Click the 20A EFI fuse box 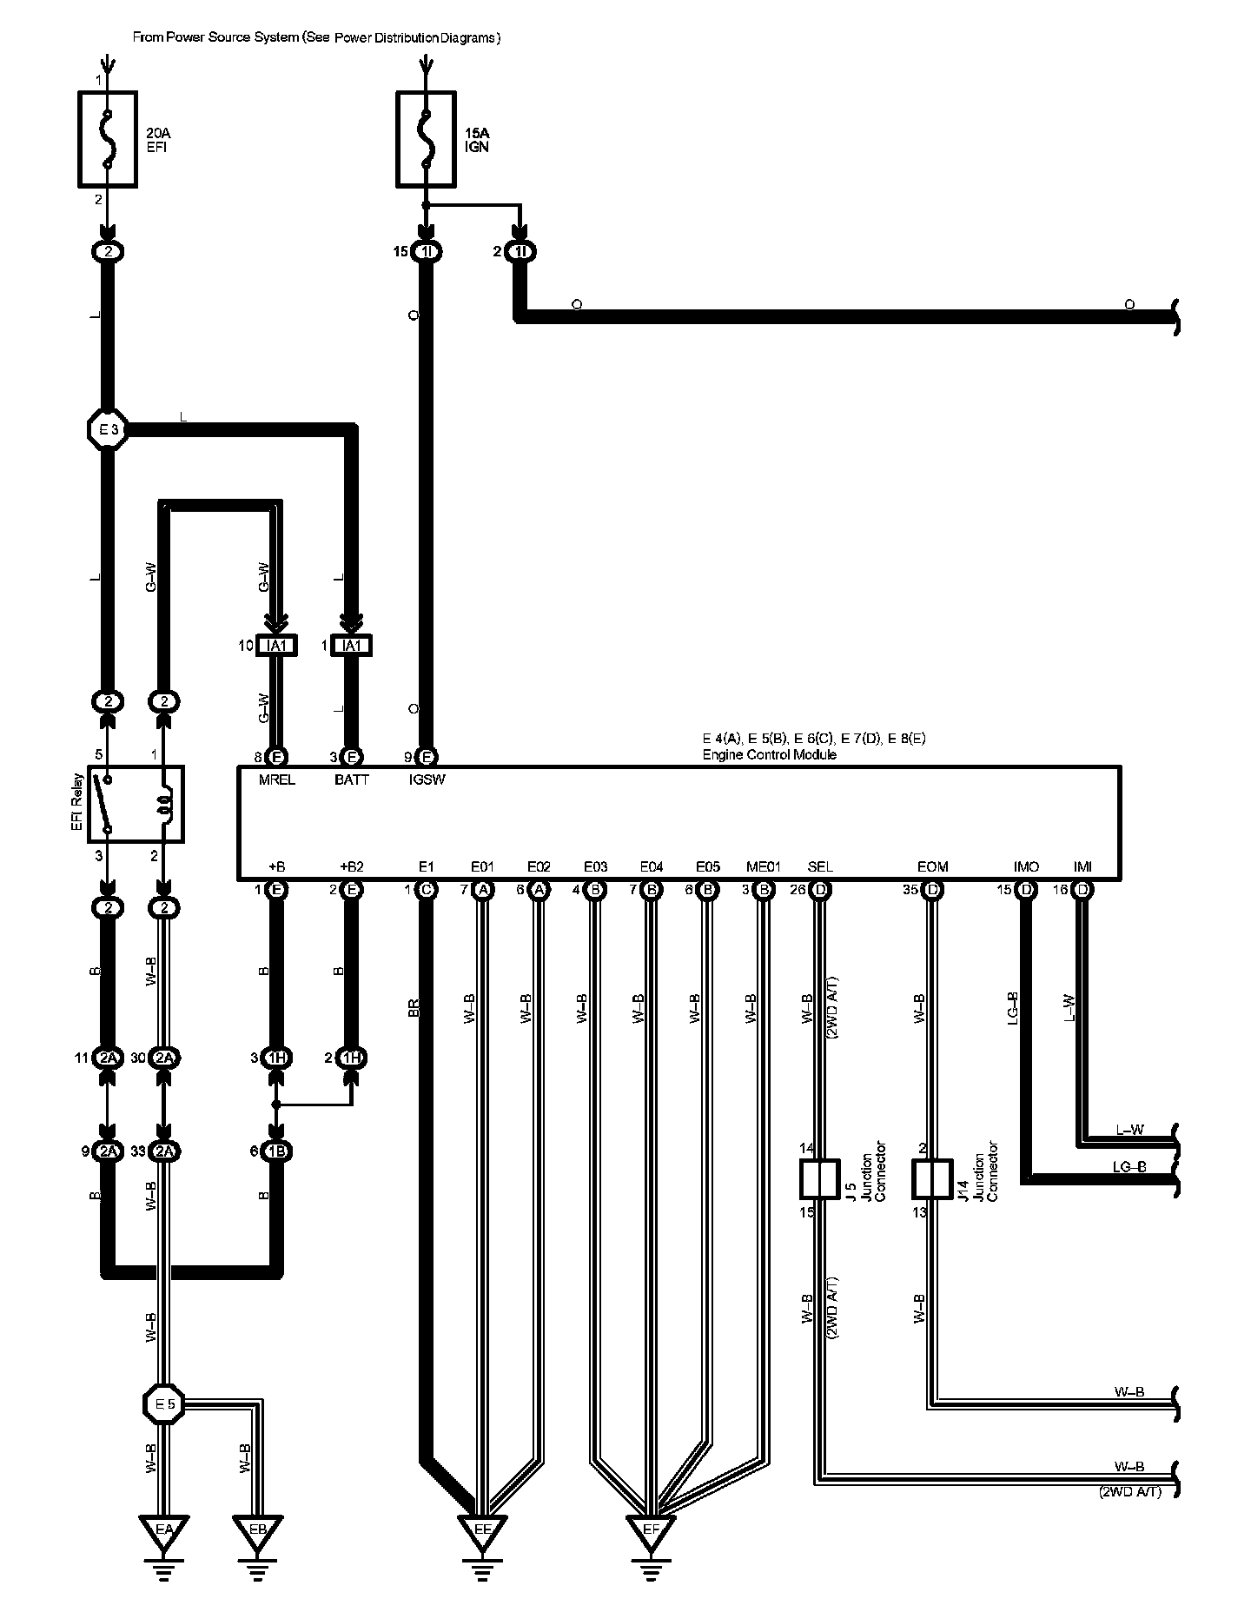[x=108, y=139]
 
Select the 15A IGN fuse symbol [x=426, y=139]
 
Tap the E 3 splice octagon [x=108, y=428]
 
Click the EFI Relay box [x=136, y=804]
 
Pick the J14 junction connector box [x=931, y=1179]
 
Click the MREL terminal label [x=277, y=780]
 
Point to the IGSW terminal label [x=427, y=780]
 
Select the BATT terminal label [x=352, y=780]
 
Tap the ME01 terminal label [x=764, y=866]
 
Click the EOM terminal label [x=932, y=866]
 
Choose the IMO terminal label [x=1026, y=866]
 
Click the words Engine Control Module [x=769, y=754]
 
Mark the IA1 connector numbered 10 [x=277, y=646]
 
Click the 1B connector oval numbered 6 [x=277, y=1151]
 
